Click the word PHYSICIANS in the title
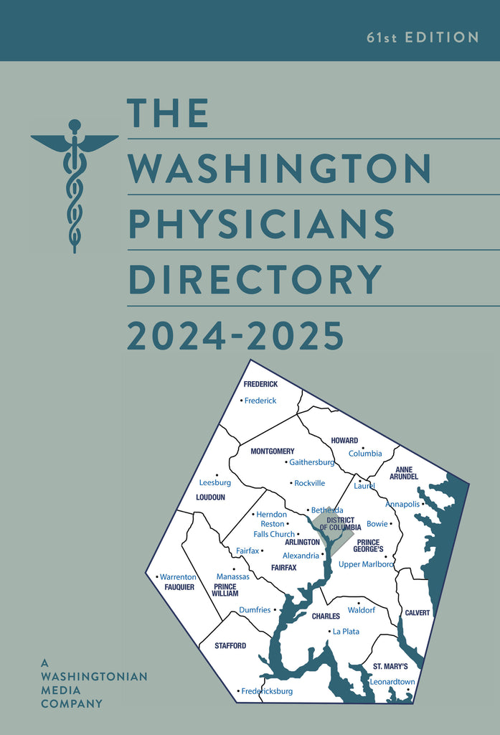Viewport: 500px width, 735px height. [x=261, y=223]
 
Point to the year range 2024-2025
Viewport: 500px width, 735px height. [x=235, y=335]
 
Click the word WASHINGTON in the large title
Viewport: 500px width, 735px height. [x=278, y=167]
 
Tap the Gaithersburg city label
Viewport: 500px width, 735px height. [x=312, y=462]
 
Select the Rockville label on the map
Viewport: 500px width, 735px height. [x=309, y=483]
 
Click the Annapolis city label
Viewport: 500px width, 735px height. [x=402, y=504]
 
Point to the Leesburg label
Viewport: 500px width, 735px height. [x=215, y=482]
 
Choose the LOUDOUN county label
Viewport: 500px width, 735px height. [x=210, y=497]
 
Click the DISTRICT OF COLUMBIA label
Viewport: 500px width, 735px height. [x=340, y=523]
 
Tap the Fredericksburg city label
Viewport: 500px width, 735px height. [x=267, y=691]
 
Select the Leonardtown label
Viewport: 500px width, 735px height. [x=392, y=682]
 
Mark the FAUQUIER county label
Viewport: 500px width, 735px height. [x=179, y=587]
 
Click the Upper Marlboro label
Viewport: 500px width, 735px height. [x=366, y=564]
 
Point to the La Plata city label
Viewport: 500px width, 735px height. [x=346, y=632]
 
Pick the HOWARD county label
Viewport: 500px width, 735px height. [x=344, y=441]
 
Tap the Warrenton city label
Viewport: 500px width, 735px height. [x=178, y=577]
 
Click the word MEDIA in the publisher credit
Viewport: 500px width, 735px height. [x=62, y=690]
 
